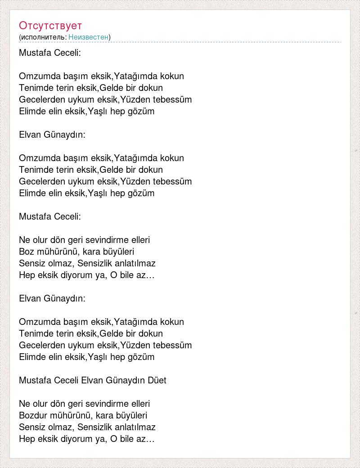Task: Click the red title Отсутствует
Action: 50,25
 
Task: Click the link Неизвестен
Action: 88,37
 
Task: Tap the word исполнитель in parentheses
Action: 43,37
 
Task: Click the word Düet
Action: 157,380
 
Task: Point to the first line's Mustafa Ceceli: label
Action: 49,53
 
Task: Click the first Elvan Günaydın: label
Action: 52,135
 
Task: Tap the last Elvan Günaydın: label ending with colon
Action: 52,298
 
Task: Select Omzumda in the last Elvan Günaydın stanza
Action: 37,322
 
